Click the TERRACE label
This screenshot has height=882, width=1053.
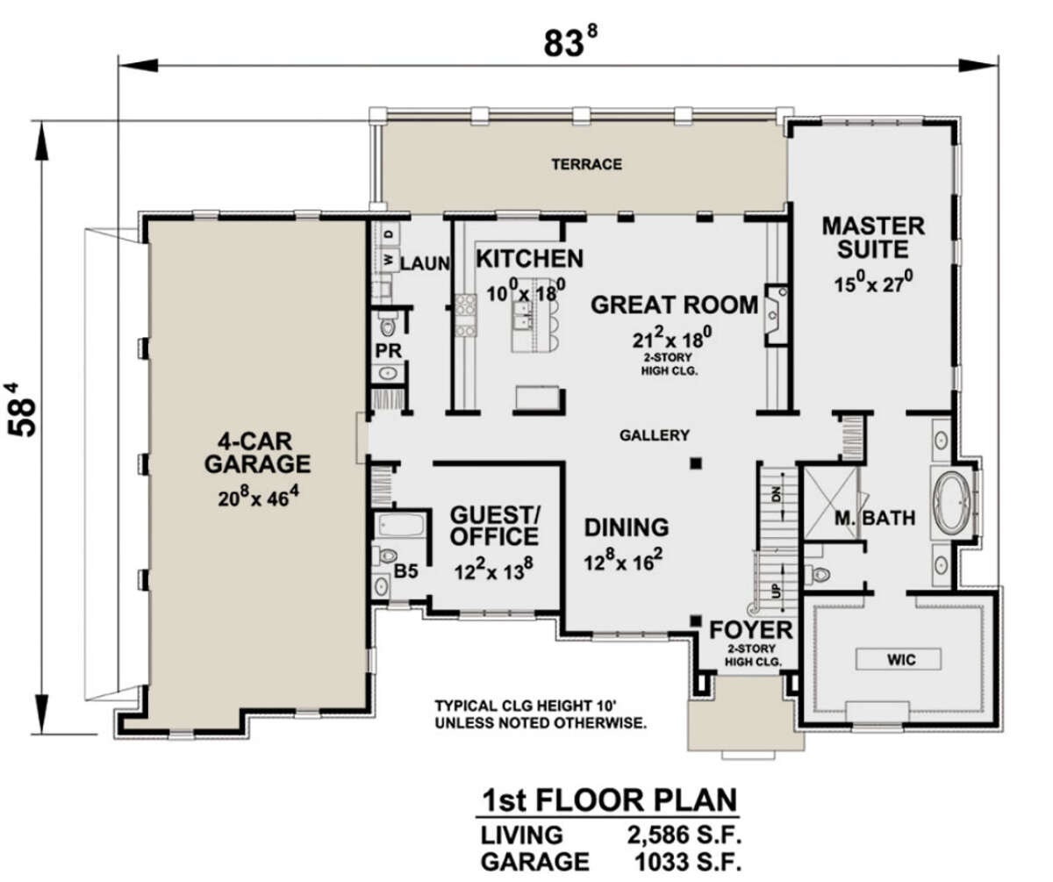(x=586, y=164)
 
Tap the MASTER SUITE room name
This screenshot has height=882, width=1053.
(x=873, y=238)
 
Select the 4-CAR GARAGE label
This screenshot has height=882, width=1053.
(x=257, y=453)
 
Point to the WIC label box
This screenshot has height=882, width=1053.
(x=899, y=659)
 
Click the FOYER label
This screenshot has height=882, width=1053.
(x=751, y=630)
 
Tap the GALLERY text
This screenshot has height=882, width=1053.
(x=654, y=434)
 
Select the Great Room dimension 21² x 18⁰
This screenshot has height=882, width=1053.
(x=672, y=339)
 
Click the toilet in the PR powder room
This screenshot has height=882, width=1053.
(x=387, y=326)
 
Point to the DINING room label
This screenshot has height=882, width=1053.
(x=627, y=527)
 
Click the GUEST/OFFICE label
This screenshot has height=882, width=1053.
(x=494, y=526)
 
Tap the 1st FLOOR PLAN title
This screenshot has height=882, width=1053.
(x=610, y=800)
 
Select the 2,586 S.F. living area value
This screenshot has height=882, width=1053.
(x=684, y=835)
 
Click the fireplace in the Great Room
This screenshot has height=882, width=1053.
(x=776, y=315)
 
